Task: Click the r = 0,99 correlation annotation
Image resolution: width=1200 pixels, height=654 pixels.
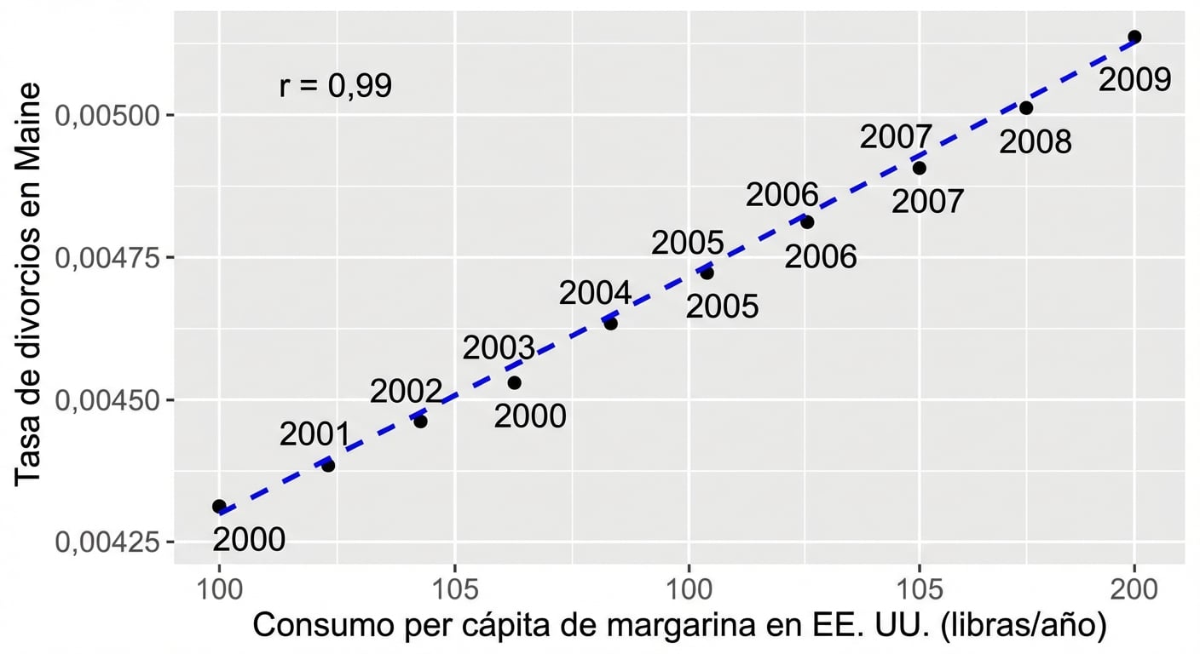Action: click(335, 86)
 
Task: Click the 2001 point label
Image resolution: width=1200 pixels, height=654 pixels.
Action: click(315, 434)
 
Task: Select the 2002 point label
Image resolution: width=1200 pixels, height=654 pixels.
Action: click(406, 392)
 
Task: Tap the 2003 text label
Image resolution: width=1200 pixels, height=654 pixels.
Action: click(499, 348)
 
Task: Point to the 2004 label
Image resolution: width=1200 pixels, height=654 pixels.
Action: click(595, 294)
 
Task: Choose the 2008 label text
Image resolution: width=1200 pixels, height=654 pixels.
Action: click(1035, 142)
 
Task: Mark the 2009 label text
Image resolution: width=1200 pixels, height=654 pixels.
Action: click(1134, 81)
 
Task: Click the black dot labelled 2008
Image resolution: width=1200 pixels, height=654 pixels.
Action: click(1026, 108)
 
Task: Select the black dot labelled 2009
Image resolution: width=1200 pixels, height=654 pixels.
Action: click(1134, 37)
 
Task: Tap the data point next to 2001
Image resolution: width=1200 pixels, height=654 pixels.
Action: click(328, 465)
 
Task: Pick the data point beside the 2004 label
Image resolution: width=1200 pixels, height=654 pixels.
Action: click(610, 323)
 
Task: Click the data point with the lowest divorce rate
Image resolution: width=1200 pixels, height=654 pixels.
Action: click(219, 506)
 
